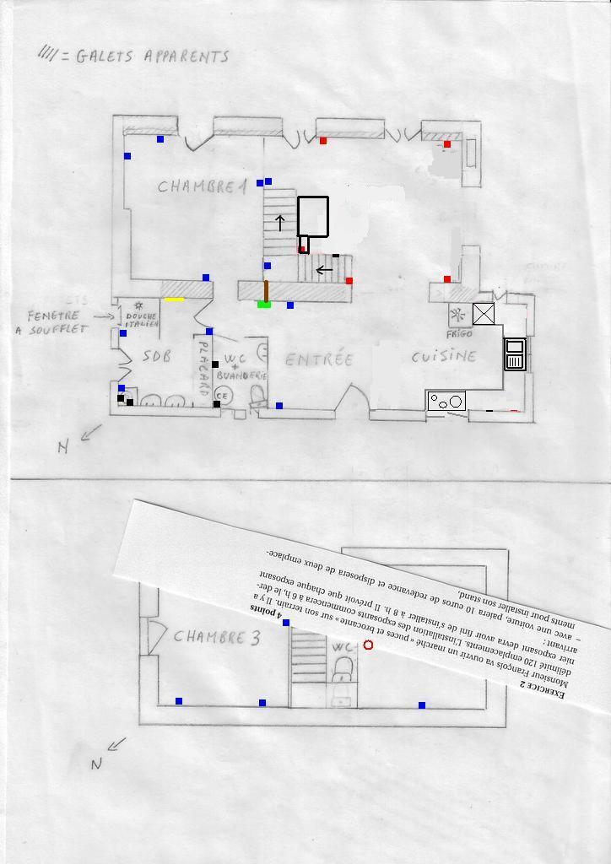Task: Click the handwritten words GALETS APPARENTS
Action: (152, 57)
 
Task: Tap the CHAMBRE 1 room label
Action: (202, 186)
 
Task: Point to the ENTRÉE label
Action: (318, 359)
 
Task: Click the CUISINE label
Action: (444, 356)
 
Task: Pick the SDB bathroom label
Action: (156, 356)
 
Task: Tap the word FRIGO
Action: (460, 334)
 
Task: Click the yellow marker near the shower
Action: (174, 299)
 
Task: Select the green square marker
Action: (264, 304)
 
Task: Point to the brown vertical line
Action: (266, 290)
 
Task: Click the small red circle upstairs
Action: (368, 645)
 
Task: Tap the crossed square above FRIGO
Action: (483, 314)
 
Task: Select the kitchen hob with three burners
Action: (446, 401)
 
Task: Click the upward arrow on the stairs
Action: (280, 223)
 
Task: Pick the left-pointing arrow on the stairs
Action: (322, 270)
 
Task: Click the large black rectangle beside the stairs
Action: (313, 216)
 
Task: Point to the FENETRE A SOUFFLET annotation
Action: (57, 322)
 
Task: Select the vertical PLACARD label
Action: (203, 368)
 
